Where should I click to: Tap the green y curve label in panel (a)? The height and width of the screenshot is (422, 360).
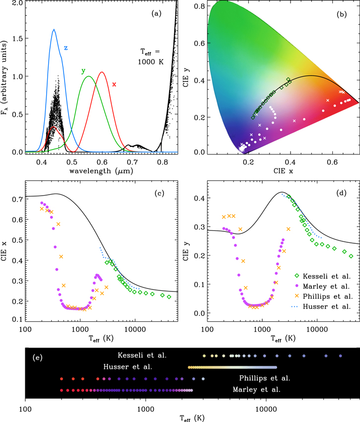click(x=83, y=71)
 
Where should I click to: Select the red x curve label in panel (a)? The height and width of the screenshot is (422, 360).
click(x=114, y=84)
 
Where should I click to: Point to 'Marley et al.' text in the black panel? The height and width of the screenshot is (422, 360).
click(x=257, y=390)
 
